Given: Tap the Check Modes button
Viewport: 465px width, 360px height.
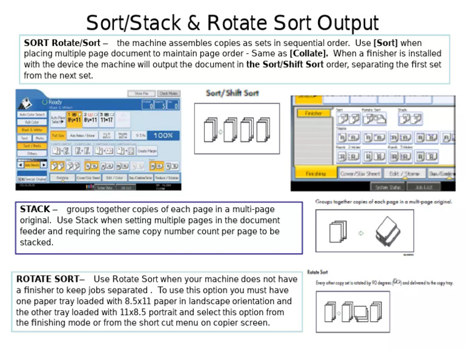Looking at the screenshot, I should click(x=168, y=93).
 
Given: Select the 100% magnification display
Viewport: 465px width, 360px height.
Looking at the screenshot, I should click(x=163, y=136).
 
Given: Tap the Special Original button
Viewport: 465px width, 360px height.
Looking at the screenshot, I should click(x=31, y=179).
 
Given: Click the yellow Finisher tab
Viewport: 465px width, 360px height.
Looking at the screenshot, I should click(x=313, y=113).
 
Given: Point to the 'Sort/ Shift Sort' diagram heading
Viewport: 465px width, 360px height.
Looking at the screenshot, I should click(x=232, y=93).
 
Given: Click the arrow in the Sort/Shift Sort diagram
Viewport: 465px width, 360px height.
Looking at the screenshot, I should click(x=220, y=130).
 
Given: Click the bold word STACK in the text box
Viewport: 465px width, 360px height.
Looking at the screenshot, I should click(x=35, y=209).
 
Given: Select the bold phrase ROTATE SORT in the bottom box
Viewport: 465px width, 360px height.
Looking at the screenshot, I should click(x=47, y=279).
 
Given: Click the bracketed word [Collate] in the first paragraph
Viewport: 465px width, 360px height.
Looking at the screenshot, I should click(x=309, y=53).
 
